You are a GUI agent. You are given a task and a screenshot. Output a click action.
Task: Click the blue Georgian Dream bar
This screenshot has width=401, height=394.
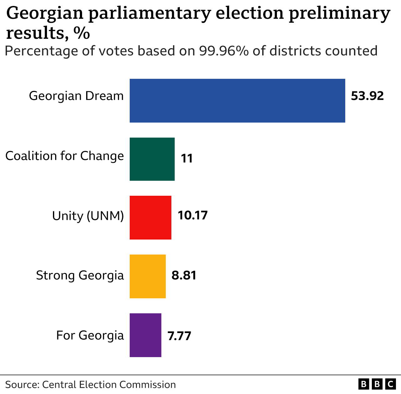[237, 100]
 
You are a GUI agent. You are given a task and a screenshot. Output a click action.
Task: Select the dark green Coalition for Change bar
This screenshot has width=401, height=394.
[152, 159]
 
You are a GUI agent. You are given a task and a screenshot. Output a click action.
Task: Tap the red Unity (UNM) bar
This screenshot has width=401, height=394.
[150, 217]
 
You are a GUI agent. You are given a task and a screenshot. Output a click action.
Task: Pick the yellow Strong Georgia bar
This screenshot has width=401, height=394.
[148, 276]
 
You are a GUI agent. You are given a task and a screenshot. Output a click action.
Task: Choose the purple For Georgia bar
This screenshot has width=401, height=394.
[145, 335]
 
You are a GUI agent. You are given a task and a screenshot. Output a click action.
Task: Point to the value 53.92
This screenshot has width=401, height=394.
[367, 96]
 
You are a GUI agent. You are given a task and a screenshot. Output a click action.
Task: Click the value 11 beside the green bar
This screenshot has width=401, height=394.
[187, 159]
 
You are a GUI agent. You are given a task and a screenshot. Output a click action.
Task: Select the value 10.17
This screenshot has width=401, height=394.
[193, 215]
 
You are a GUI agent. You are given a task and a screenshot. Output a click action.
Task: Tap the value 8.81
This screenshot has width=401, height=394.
[184, 275]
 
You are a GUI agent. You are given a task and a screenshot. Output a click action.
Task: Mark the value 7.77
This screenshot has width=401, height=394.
[179, 336]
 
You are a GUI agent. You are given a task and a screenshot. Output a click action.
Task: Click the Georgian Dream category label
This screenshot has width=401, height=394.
[76, 96]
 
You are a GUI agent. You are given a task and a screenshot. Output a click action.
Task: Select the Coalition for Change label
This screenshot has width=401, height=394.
[65, 156]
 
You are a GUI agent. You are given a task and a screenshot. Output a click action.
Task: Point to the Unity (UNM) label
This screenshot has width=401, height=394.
[88, 216]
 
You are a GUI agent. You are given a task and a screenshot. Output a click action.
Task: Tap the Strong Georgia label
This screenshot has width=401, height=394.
[80, 275]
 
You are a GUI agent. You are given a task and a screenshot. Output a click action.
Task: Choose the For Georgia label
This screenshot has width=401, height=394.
[90, 335]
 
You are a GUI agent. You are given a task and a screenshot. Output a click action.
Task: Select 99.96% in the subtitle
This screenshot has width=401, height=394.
[224, 51]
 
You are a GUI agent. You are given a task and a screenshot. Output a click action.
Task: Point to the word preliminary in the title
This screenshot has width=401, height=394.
[339, 14]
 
